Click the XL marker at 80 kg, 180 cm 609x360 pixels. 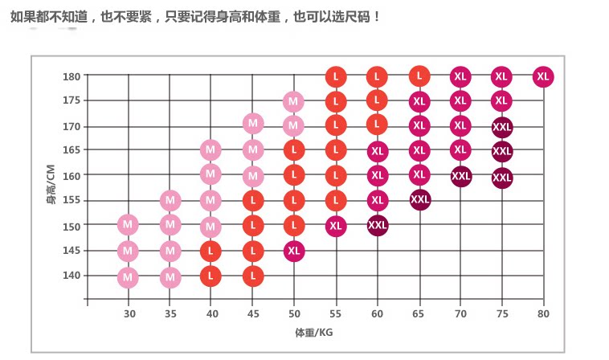[x=543, y=76]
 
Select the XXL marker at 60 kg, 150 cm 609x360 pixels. [x=377, y=225]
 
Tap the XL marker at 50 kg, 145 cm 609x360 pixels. [x=294, y=251]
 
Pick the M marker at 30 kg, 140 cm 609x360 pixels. [x=128, y=277]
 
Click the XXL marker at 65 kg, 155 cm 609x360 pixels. [x=419, y=199]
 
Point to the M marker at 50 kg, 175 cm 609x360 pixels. [x=294, y=101]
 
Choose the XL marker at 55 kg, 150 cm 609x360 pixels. [x=336, y=226]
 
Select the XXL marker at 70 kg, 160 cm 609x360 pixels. [x=460, y=176]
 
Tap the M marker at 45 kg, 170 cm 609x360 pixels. [x=253, y=124]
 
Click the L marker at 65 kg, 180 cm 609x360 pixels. [x=419, y=76]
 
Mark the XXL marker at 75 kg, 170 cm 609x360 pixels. [x=501, y=127]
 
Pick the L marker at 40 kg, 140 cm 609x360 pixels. [x=210, y=276]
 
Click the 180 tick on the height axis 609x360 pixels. [x=72, y=76]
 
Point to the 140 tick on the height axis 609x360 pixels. [x=72, y=276]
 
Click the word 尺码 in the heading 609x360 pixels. [x=356, y=16]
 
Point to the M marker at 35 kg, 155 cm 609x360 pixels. [x=170, y=200]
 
